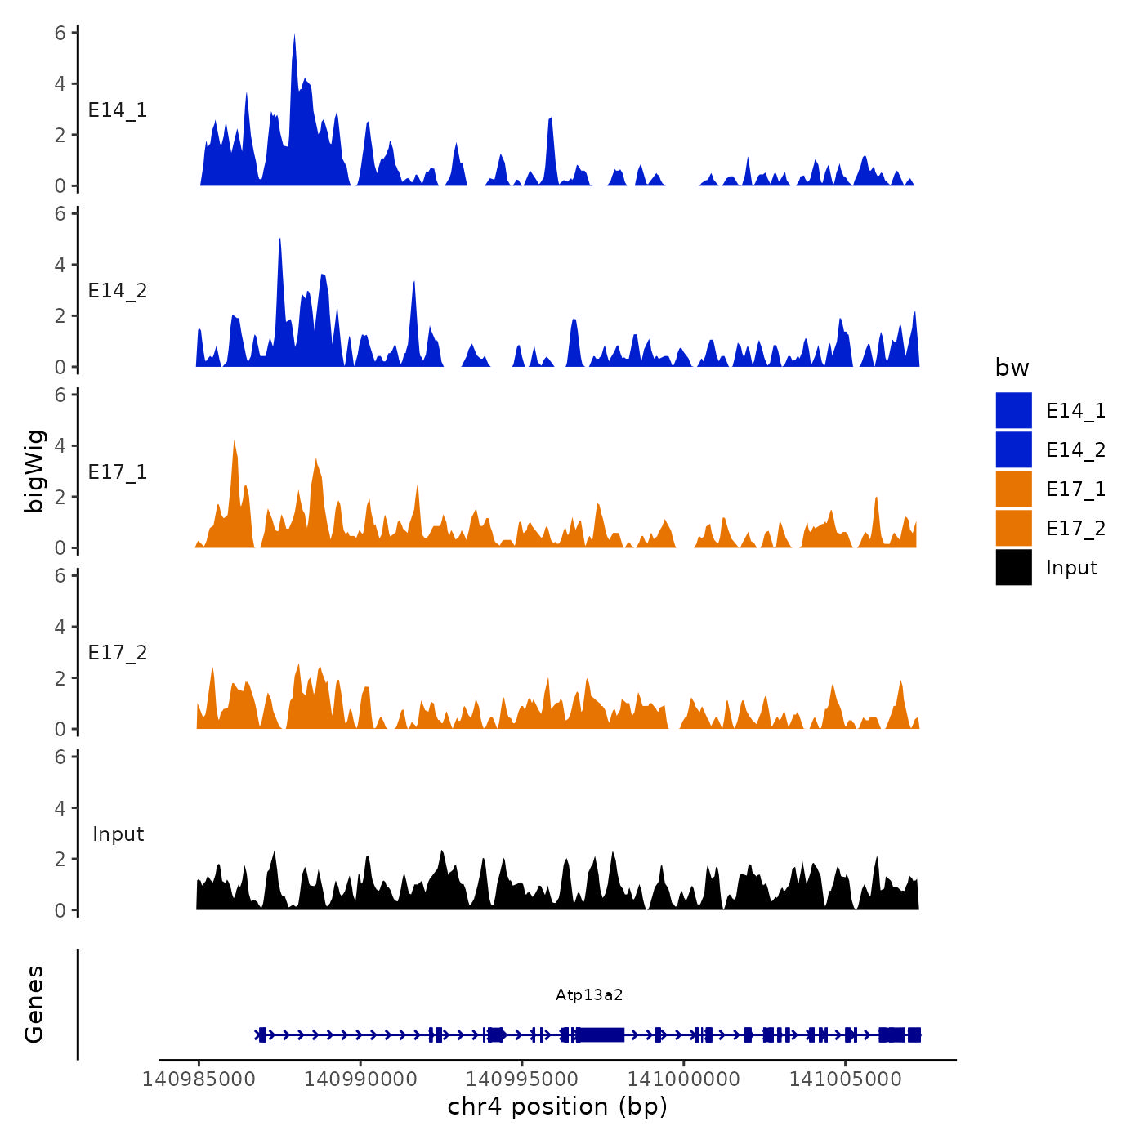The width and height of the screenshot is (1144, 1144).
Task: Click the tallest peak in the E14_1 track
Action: click(294, 36)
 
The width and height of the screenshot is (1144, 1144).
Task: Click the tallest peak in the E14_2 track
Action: click(279, 240)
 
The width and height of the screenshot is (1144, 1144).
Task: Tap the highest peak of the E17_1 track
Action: click(235, 442)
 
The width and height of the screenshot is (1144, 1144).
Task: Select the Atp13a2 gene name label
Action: click(589, 994)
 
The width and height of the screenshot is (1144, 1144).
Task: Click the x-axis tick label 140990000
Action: click(360, 1079)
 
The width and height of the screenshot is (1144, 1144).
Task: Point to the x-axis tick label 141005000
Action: click(846, 1079)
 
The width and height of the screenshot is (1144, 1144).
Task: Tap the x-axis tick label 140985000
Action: click(199, 1079)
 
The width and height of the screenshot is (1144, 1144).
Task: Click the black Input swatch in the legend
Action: click(1013, 567)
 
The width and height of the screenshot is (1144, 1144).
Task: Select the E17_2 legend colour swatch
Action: click(1013, 528)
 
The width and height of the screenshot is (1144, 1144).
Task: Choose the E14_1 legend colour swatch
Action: click(1013, 410)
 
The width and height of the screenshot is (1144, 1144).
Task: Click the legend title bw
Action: click(1012, 369)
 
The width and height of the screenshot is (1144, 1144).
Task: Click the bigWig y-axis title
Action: click(34, 471)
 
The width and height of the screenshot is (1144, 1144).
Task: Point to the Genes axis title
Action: click(34, 1004)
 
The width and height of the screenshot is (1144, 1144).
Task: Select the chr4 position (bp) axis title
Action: click(557, 1107)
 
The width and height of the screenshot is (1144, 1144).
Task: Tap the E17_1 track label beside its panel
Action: click(118, 472)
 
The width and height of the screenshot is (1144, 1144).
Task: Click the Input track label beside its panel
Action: click(118, 834)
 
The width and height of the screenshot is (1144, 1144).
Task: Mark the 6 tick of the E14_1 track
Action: click(60, 34)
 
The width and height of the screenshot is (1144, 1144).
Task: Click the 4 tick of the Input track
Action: click(60, 808)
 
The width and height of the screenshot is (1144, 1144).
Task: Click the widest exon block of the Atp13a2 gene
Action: click(600, 1035)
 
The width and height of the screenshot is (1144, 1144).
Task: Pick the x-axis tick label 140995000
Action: click(522, 1079)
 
